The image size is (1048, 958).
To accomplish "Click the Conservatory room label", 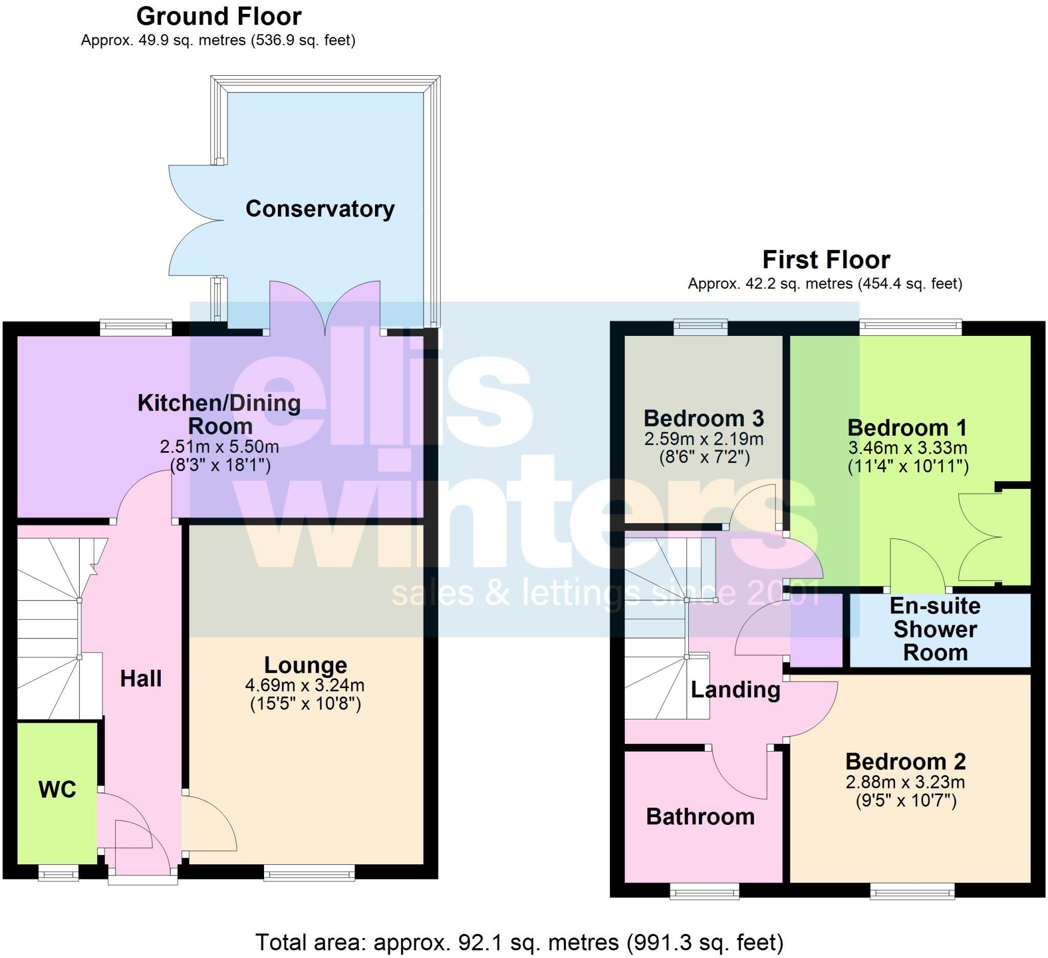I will click(320, 209).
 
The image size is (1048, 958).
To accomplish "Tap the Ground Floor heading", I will click(219, 17).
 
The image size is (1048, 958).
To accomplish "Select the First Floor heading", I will click(825, 260).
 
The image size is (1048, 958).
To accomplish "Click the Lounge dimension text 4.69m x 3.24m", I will click(304, 686).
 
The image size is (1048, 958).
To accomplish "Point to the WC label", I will click(57, 790).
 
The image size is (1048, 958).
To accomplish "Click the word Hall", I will click(141, 679).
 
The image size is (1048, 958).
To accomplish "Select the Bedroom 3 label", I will click(703, 419).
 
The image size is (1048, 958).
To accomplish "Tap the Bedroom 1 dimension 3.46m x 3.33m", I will click(908, 448).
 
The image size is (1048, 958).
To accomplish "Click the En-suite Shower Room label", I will click(935, 629).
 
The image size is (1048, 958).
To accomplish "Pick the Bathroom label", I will click(700, 817).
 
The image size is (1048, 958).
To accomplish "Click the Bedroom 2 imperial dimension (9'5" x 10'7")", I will click(906, 800).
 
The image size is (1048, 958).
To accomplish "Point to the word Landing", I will click(735, 690).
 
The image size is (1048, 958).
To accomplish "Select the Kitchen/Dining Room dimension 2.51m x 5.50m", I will click(220, 447).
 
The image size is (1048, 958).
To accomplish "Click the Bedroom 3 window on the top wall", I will click(700, 327).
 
